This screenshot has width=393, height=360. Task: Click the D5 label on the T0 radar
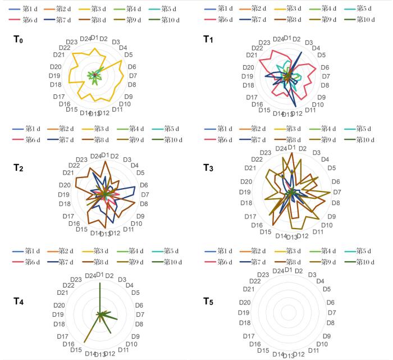129,55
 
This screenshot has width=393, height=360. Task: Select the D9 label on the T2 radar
140,216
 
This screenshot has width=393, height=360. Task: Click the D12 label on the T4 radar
109,353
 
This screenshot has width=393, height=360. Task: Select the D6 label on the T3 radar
336,182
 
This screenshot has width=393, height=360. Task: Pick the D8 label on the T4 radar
139,324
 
